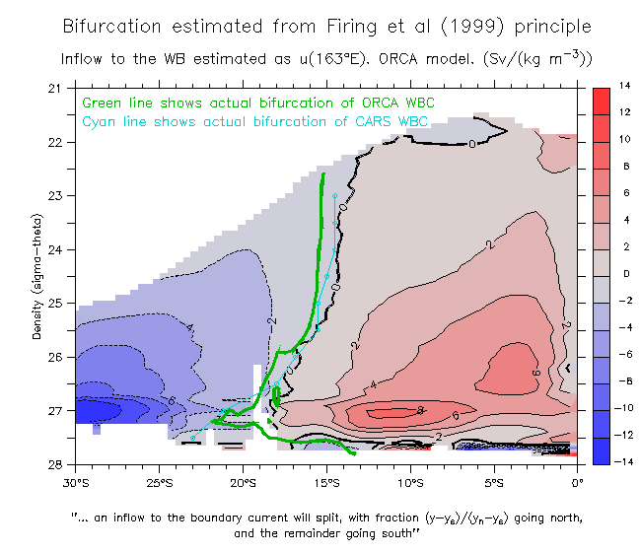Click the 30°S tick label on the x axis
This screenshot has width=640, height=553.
click(76, 482)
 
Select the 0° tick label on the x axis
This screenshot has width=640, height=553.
click(578, 482)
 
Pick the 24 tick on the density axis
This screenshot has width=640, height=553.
click(55, 250)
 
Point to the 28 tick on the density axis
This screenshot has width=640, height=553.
click(55, 464)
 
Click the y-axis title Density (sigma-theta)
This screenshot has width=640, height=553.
click(37, 276)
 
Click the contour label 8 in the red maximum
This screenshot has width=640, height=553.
click(419, 410)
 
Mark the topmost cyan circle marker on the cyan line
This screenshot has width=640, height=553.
click(335, 196)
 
